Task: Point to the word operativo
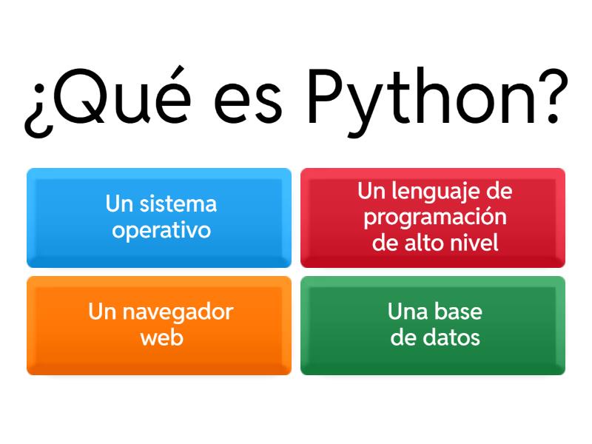click(161, 230)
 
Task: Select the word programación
click(435, 218)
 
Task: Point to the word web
click(161, 337)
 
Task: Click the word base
click(459, 312)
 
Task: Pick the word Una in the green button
click(406, 312)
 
